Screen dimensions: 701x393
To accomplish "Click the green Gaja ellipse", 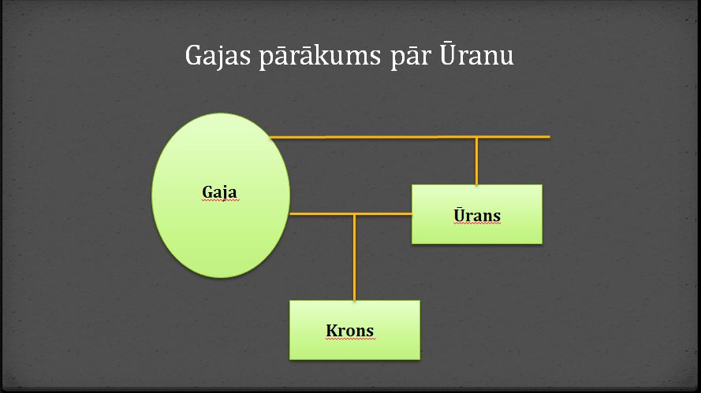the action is point(221,195).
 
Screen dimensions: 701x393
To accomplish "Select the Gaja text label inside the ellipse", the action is point(219,193).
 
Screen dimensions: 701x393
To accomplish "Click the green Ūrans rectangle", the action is point(477,214).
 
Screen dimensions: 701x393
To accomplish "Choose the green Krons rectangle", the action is point(355,330).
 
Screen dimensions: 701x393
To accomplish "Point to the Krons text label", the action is point(349,331).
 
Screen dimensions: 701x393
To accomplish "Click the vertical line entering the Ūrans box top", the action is point(476,161).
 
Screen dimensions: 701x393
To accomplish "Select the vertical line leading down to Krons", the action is point(355,258).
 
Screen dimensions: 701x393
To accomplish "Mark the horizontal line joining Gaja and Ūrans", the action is point(351,214).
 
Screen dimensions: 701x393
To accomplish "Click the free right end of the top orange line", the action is point(550,137).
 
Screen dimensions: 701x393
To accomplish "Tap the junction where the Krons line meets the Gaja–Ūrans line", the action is point(355,214).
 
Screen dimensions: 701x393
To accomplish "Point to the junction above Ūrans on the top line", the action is point(476,137).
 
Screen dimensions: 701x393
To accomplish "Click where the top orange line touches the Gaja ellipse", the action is point(270,137).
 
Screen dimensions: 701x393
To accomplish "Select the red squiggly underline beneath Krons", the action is point(350,339).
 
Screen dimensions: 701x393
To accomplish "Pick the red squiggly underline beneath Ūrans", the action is point(477,224).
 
